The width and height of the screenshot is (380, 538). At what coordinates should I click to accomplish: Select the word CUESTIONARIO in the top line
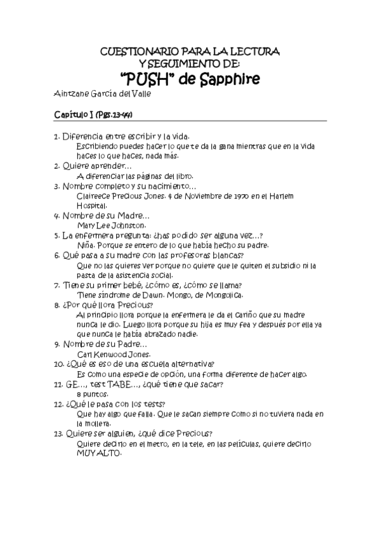[x=138, y=51]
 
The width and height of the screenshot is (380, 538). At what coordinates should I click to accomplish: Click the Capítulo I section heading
[x=92, y=114]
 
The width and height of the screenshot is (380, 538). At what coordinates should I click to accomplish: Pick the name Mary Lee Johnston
[x=111, y=225]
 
